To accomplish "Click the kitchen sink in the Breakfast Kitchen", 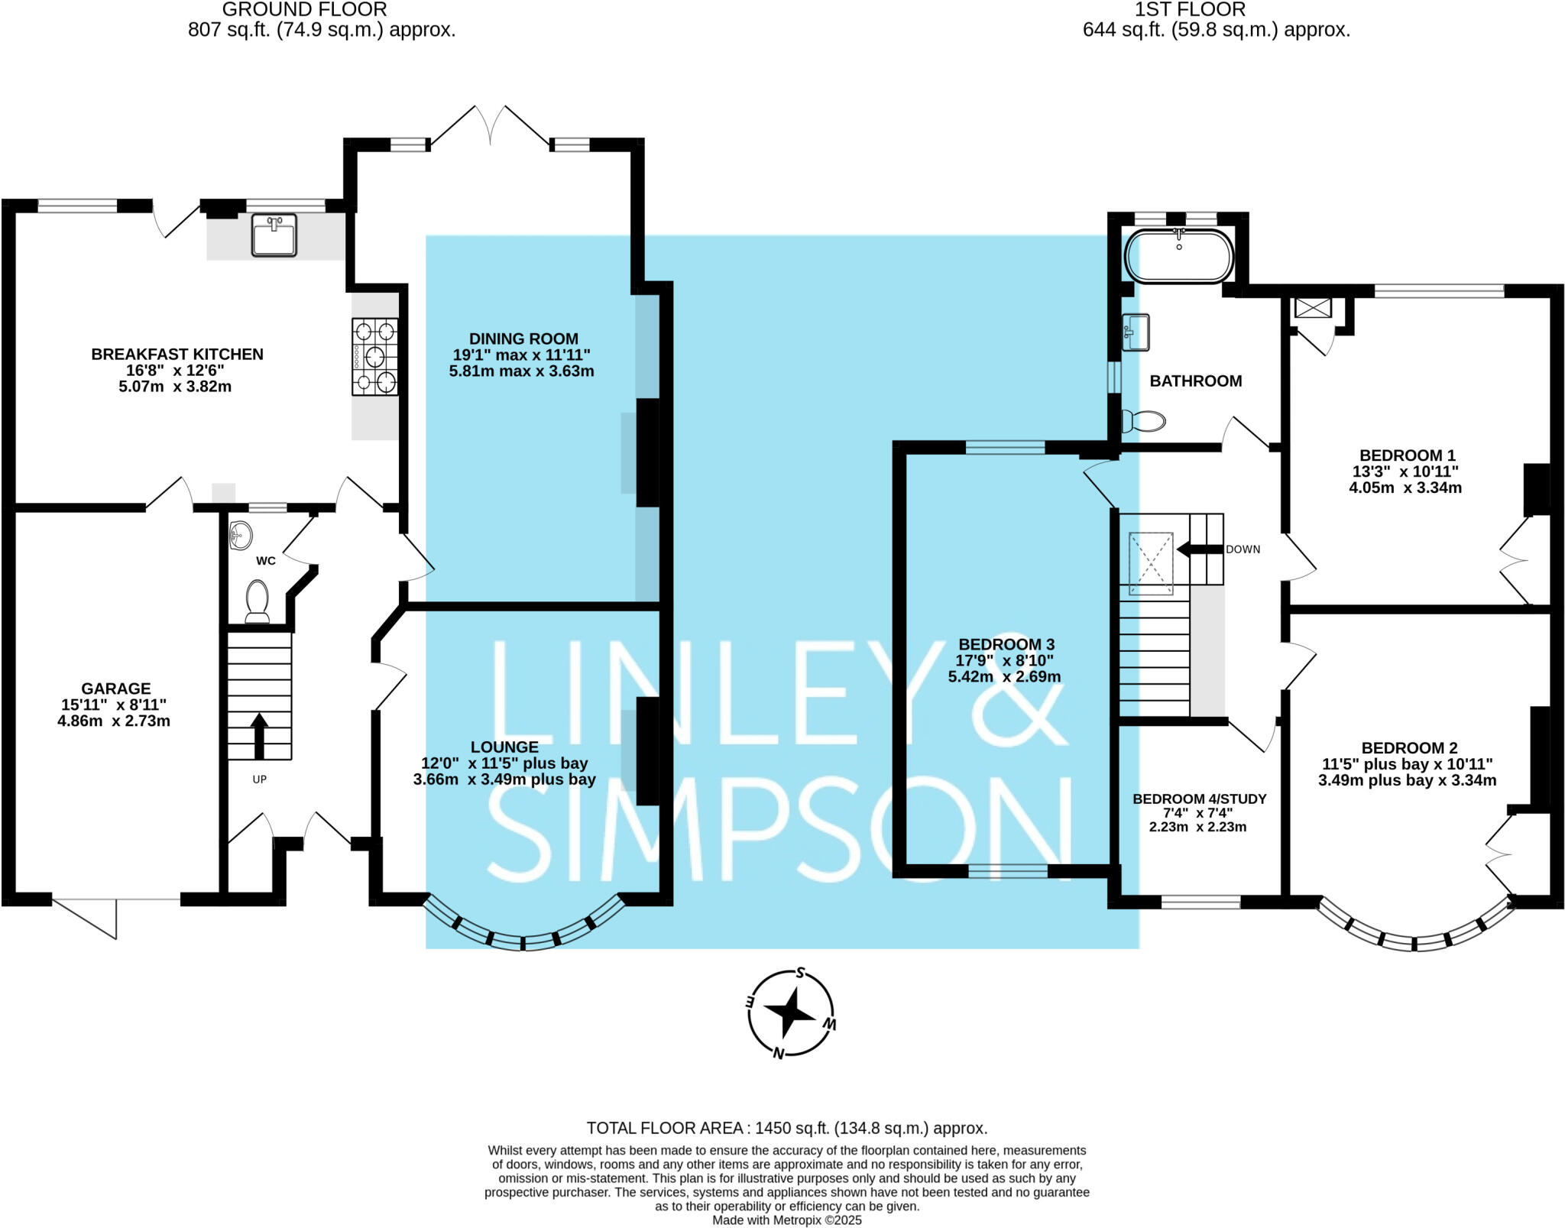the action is click(274, 235).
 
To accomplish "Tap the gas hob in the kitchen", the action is click(374, 356).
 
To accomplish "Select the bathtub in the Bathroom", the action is click(1179, 256).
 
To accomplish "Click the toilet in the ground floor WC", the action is click(257, 601).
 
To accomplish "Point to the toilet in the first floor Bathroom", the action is click(1144, 420).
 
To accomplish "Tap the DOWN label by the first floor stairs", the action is click(1243, 549).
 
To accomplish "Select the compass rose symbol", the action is click(791, 1013).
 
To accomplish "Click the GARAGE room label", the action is click(116, 689).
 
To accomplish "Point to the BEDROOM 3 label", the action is click(1006, 644).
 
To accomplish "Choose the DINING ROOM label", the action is click(523, 339).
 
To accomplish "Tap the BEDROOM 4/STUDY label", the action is click(1199, 799).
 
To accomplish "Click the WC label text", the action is click(266, 561).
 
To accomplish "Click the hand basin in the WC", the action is click(240, 536).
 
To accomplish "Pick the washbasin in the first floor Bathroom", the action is click(1136, 332).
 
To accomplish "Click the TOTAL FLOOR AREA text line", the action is click(786, 1128).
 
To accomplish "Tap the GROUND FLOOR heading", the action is click(304, 10).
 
